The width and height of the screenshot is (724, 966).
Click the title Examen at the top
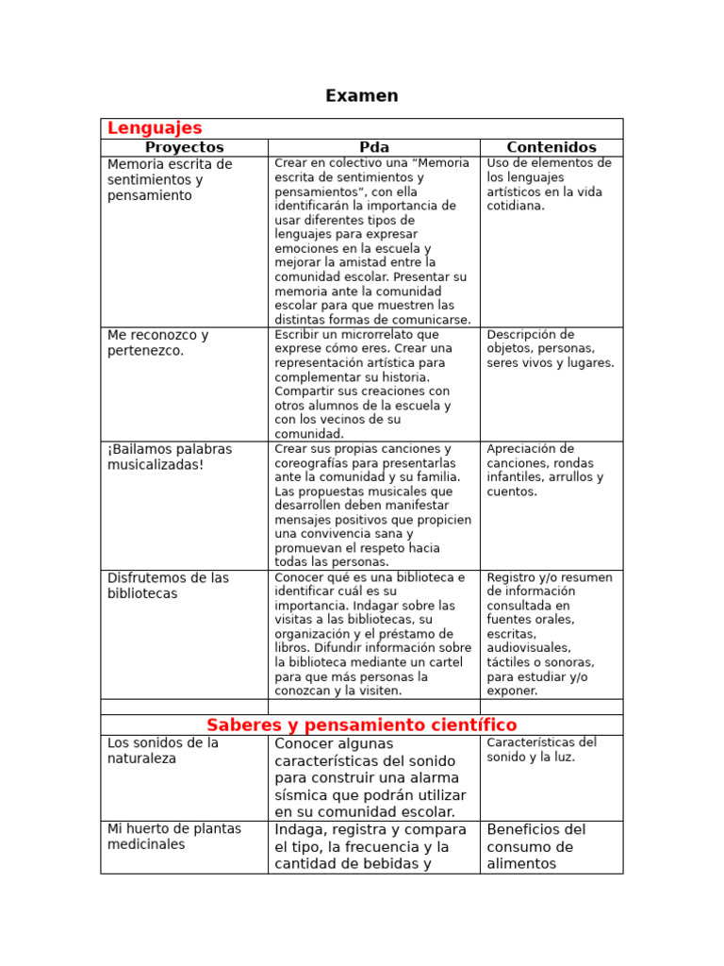pyautogui.click(x=361, y=96)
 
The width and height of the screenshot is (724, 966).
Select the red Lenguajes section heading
pyautogui.click(x=155, y=128)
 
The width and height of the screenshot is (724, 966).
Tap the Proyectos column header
pyautogui.click(x=184, y=147)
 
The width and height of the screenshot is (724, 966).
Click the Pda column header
pyautogui.click(x=373, y=147)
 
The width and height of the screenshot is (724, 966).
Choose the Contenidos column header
pyautogui.click(x=551, y=147)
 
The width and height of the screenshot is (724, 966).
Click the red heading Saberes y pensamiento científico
pyautogui.click(x=361, y=724)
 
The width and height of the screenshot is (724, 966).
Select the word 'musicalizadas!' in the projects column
pyautogui.click(x=156, y=465)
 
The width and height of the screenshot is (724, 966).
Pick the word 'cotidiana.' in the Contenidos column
pyautogui.click(x=516, y=206)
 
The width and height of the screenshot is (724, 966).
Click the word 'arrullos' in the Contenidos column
pyautogui.click(x=576, y=477)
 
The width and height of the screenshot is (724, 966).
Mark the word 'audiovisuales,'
pyautogui.click(x=529, y=648)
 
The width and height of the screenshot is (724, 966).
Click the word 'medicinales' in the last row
pyautogui.click(x=146, y=844)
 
